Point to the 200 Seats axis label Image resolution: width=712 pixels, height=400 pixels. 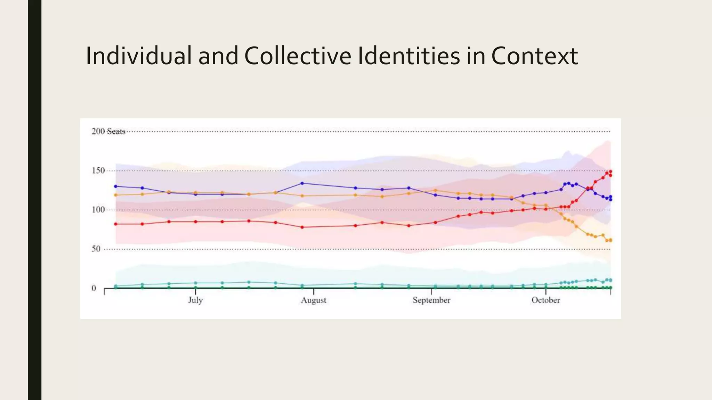tap(108, 131)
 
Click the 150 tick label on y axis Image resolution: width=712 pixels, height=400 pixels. tap(98, 170)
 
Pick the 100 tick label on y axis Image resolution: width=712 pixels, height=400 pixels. tap(98, 210)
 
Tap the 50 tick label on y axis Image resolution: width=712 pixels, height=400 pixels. tap(96, 249)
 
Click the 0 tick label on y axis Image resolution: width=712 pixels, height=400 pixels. tap(94, 288)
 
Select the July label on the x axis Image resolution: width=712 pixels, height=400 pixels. tap(195, 300)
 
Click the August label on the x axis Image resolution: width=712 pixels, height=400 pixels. tap(314, 300)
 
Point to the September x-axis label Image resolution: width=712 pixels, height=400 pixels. tap(431, 300)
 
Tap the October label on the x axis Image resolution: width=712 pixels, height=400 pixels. tap(545, 300)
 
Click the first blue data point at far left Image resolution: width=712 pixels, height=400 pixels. tap(116, 186)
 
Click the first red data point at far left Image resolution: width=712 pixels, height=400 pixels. tap(116, 224)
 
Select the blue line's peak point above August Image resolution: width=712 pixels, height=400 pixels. tap(302, 183)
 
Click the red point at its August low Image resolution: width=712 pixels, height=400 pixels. tap(302, 227)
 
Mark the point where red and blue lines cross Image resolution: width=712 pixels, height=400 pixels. tap(588, 189)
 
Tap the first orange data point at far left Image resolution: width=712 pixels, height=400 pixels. tap(116, 195)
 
